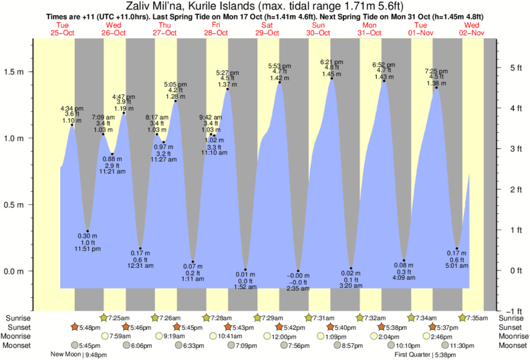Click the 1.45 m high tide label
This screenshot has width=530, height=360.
pos(332,74)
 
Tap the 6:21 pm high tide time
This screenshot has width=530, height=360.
pos(332,61)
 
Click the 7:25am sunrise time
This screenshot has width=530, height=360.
pos(120,317)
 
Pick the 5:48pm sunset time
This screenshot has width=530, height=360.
pos(89,327)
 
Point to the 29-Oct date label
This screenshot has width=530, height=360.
pos(267,32)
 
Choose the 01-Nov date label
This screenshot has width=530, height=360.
pos(422,32)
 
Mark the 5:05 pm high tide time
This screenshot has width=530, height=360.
pos(176,84)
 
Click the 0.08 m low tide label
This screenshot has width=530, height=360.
pos(404,266)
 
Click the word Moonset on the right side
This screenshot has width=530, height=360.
pos(513,345)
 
